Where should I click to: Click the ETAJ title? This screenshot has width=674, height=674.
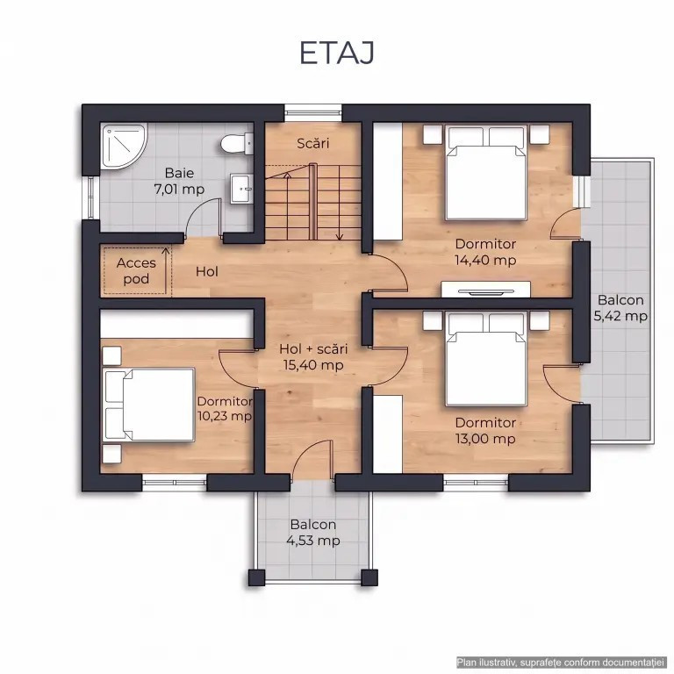pos(337,53)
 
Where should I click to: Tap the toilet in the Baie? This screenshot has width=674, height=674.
pos(237,144)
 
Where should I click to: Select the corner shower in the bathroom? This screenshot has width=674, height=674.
pos(125,147)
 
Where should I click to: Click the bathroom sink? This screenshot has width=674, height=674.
pos(241,189)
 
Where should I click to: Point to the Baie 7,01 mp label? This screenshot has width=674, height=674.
pos(179,181)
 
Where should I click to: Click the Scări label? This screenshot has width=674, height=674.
pos(313,143)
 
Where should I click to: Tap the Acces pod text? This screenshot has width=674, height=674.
pos(136,271)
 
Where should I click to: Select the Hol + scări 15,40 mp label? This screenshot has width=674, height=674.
pos(313,357)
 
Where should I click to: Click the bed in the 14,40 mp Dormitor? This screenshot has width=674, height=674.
pos(486,172)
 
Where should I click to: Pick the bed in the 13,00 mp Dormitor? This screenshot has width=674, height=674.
pos(486,359)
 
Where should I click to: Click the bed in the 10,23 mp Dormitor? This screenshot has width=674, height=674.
pos(148,404)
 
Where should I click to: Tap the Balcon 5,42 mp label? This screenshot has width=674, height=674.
pos(620,308)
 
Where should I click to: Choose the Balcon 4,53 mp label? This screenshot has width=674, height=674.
pos(313,532)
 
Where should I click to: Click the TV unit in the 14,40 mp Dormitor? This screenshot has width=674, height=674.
pos(485,290)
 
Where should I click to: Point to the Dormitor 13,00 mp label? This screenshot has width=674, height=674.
pos(485,431)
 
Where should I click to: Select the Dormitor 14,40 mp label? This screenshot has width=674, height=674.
pos(485,252)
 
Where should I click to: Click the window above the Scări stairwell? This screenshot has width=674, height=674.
pos(313,113)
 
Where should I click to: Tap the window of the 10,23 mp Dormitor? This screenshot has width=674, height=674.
pos(174,483)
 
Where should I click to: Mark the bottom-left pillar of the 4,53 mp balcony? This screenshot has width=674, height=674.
pos(256,577)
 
